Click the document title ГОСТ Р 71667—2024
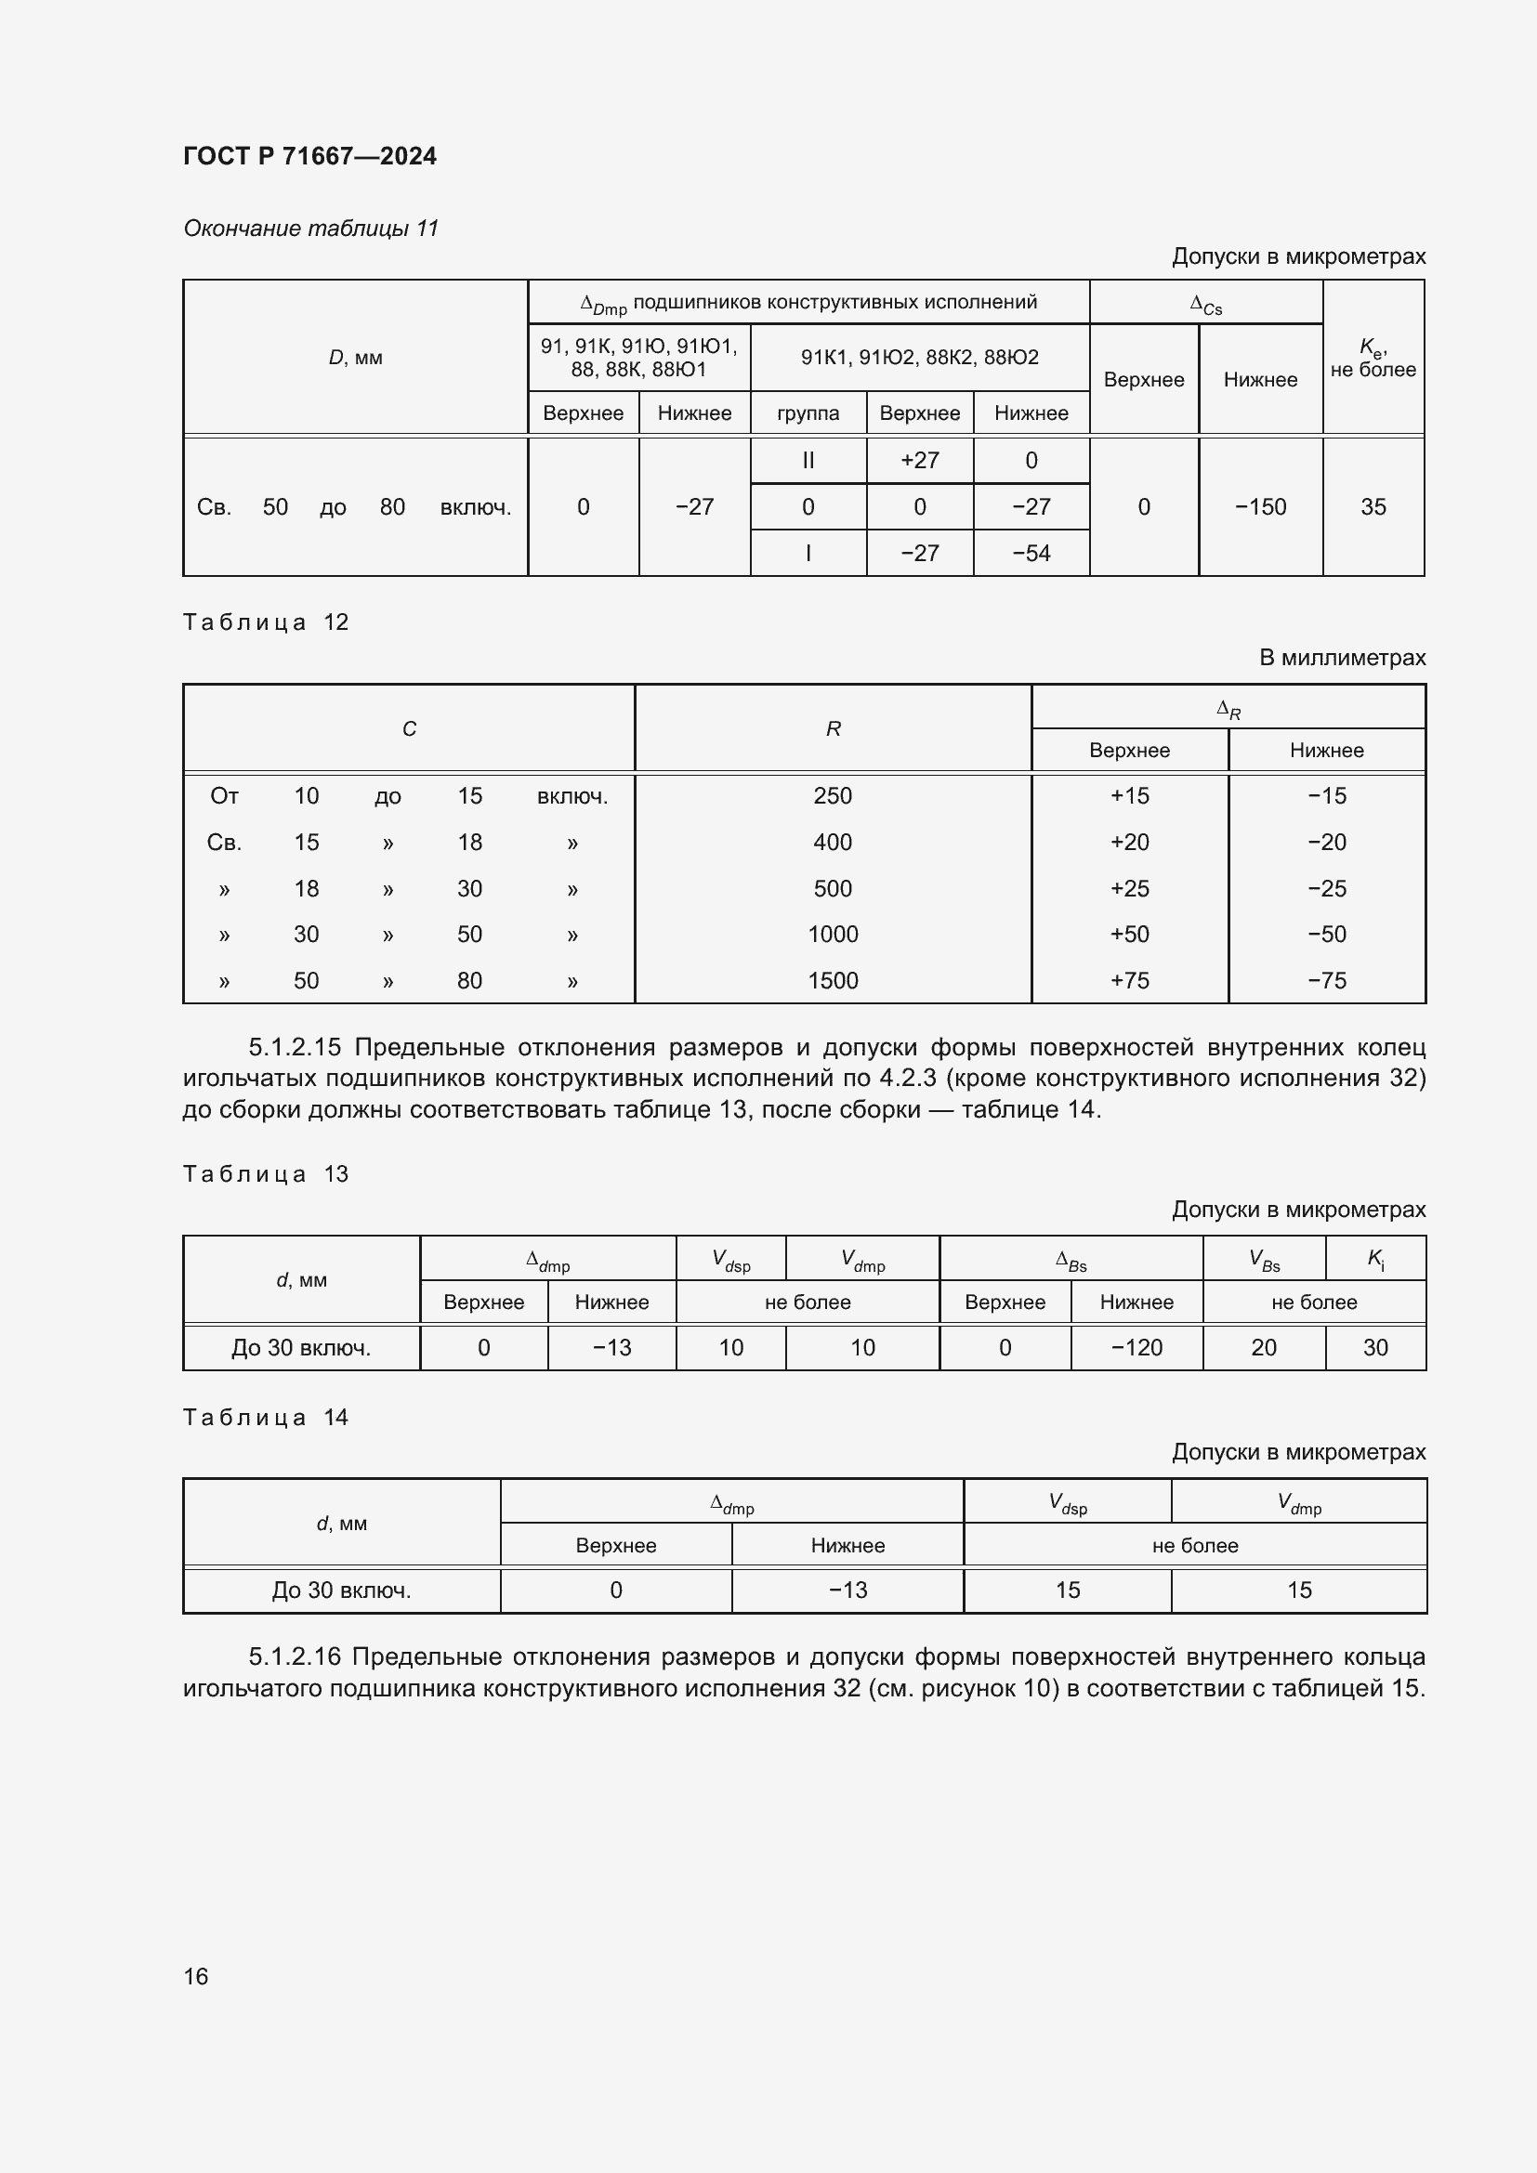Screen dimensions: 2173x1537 (x=309, y=156)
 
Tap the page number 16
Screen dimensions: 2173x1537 (x=196, y=1976)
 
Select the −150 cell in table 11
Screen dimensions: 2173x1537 (x=1260, y=507)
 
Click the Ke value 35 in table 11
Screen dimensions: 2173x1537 (x=1373, y=507)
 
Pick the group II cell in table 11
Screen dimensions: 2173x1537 (x=808, y=461)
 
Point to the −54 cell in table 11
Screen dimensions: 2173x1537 (x=1031, y=554)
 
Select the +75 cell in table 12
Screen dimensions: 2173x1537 (x=1129, y=981)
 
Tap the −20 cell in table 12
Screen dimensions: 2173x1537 (x=1326, y=843)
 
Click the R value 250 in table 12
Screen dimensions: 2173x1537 (x=832, y=796)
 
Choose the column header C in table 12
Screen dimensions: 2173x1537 (x=409, y=728)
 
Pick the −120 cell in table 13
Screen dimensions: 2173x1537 (x=1136, y=1348)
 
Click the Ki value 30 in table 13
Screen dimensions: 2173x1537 (x=1374, y=1348)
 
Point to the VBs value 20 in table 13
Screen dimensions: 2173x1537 (x=1264, y=1348)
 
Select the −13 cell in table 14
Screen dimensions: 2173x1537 (x=847, y=1590)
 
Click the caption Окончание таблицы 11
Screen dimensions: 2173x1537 (x=310, y=229)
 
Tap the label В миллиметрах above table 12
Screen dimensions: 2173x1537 (x=1341, y=658)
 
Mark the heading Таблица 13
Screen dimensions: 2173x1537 (x=266, y=1174)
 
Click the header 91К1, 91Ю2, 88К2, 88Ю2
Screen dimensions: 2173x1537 (x=919, y=358)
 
